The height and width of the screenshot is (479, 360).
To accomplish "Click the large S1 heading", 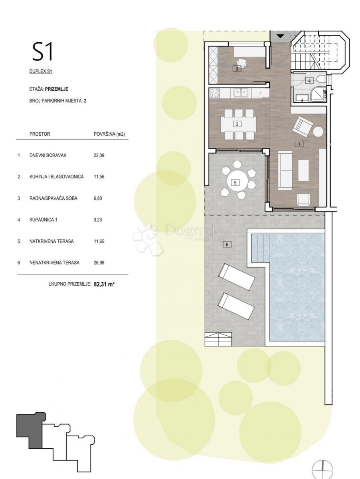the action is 43,52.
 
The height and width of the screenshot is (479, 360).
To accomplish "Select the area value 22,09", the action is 99,156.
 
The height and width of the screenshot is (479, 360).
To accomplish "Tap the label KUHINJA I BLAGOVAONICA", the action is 57,177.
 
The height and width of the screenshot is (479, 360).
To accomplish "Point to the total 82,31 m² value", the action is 104,284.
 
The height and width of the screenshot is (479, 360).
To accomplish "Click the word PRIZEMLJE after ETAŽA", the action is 57,89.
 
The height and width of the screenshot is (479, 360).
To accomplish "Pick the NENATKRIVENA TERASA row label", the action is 54,263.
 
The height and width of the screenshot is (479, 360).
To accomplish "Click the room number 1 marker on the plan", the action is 299,144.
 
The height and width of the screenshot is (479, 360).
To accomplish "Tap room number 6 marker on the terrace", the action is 227,245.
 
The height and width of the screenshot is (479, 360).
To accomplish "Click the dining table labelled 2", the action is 238,124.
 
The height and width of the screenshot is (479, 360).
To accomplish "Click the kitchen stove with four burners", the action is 214,93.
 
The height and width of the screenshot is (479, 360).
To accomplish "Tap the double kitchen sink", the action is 241,93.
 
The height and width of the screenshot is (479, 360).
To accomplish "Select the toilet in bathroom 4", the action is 321,81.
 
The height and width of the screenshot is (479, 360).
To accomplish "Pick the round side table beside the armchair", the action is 318,132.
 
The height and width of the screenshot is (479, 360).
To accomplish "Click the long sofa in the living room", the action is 285,170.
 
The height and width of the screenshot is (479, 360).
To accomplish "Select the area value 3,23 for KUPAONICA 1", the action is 98,220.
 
